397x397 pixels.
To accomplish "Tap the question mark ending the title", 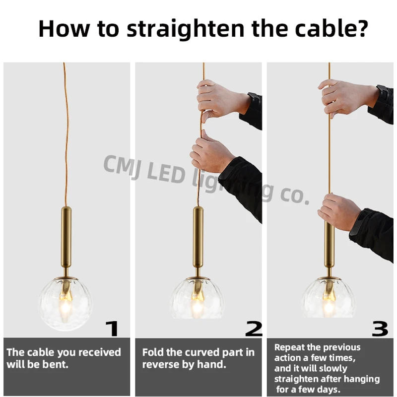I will coord(361,29).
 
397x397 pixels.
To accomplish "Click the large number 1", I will coord(113,328).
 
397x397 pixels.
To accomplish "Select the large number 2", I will coord(254,328).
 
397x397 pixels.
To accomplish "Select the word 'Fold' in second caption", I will coord(152,353).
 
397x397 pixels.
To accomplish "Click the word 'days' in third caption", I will coord(329,390).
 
